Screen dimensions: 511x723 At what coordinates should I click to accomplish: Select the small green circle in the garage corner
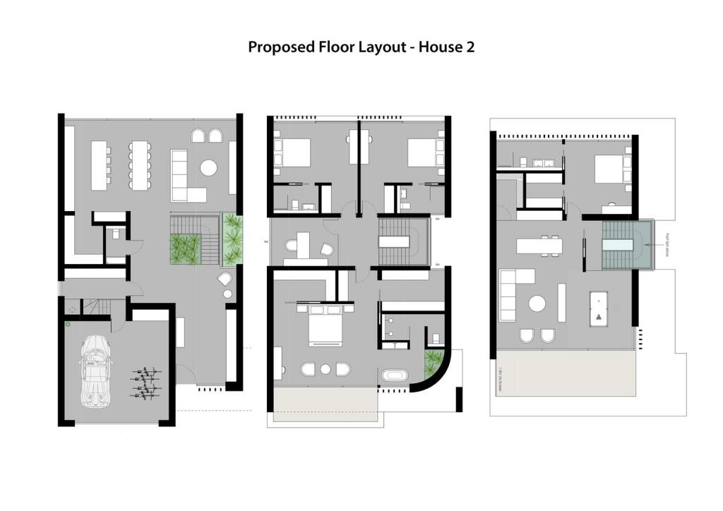[x=68, y=324]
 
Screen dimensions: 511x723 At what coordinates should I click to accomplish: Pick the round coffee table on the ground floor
[x=208, y=167]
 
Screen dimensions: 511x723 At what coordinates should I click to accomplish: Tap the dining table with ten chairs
[x=138, y=164]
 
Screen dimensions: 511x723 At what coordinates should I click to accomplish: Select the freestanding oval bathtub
[x=395, y=375]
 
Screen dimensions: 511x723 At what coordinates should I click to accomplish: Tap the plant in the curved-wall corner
[x=431, y=364]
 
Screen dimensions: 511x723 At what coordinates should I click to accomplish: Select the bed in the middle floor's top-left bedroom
[x=293, y=152]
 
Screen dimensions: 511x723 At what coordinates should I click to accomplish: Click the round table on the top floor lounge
[x=538, y=304]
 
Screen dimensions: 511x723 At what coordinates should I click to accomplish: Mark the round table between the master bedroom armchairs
[x=325, y=368]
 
